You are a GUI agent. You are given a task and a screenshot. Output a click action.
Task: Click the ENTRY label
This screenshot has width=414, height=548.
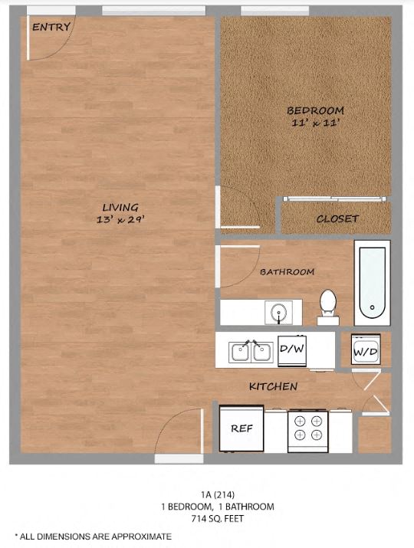tap(51, 27)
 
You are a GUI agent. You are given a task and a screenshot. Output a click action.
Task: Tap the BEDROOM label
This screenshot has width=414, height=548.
tap(315, 110)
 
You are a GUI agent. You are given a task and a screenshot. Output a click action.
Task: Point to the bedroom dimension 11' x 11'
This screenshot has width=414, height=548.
tap(315, 123)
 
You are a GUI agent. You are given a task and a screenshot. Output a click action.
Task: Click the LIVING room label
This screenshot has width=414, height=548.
tap(121, 207)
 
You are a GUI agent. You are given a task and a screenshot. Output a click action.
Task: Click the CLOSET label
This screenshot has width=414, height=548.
tap(337, 218)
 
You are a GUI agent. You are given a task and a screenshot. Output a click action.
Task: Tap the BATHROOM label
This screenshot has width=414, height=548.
tap(287, 271)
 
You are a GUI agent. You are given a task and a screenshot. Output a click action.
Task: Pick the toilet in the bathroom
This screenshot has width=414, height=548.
tap(328, 302)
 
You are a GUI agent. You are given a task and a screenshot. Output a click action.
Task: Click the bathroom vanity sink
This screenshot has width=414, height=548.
tap(277, 311)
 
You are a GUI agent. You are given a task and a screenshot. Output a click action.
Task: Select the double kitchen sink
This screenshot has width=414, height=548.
tap(251, 352)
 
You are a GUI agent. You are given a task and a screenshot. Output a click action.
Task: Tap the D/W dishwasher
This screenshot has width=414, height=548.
tap(292, 349)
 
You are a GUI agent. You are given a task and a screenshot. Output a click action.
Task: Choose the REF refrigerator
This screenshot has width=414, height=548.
tap(242, 428)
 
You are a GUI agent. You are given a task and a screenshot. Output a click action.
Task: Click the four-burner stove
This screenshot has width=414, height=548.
tap(307, 428)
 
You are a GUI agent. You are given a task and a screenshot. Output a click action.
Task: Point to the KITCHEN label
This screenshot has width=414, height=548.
tap(273, 386)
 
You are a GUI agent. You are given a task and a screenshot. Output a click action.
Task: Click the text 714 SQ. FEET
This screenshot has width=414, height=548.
tap(218, 519)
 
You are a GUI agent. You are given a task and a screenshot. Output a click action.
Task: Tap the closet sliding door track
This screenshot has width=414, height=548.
tap(333, 199)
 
